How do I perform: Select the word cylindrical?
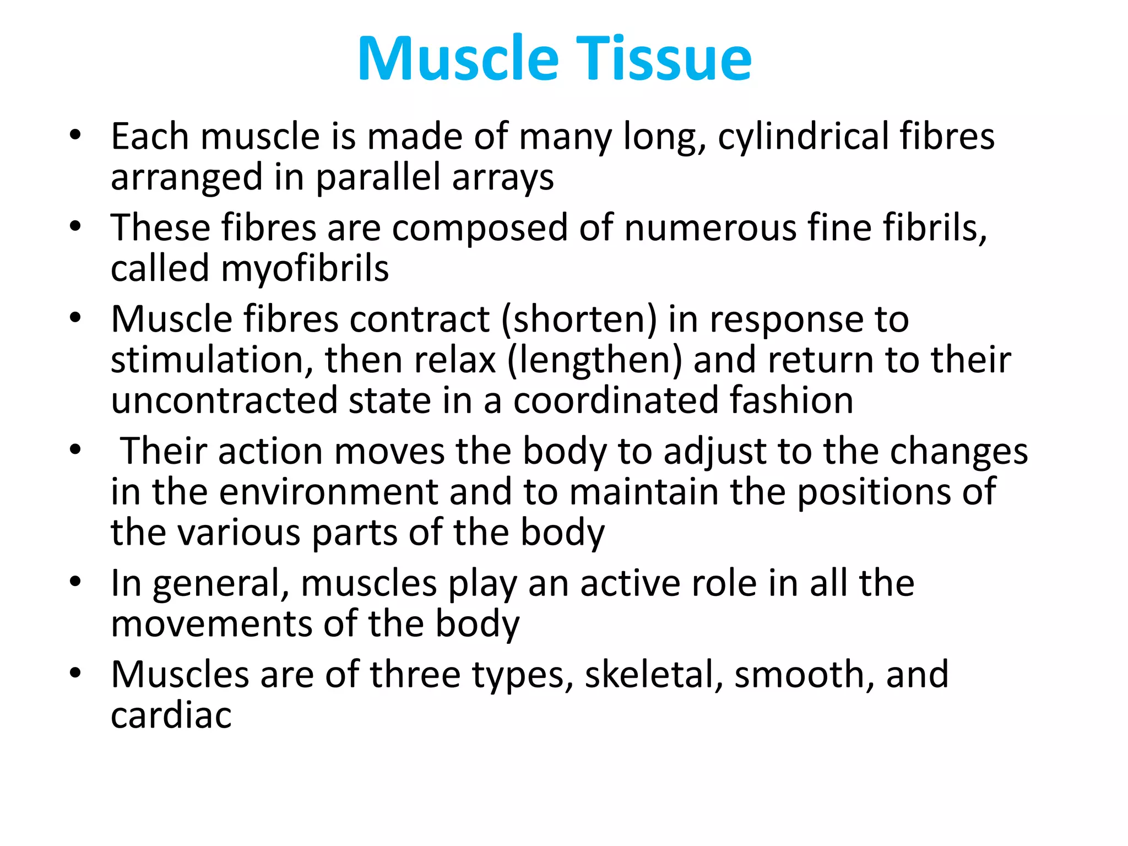[804, 137]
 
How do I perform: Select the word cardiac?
[171, 716]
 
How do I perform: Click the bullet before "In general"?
[75, 582]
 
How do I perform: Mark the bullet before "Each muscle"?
[75, 135]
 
